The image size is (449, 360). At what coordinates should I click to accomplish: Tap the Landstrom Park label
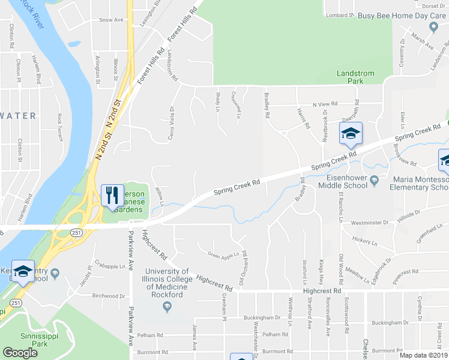(355, 77)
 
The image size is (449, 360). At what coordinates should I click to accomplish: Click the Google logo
(20, 352)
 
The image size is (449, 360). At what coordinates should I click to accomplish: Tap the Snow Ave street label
(111, 20)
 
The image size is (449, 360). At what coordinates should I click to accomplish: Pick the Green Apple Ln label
(223, 254)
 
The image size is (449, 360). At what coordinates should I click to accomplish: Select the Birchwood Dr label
(109, 296)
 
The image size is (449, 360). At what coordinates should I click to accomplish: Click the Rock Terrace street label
(59, 127)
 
